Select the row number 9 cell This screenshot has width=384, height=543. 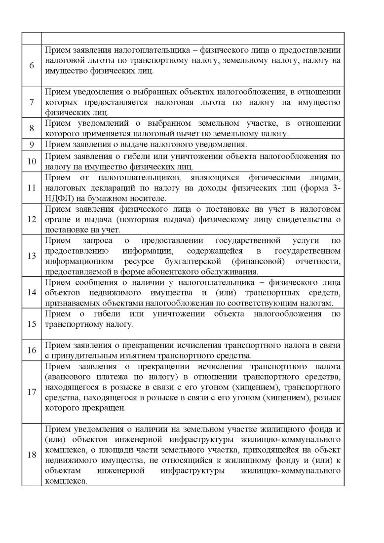point(32,145)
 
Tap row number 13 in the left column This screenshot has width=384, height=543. point(32,256)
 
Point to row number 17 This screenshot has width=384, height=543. point(32,393)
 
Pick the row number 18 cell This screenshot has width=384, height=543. point(32,455)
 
